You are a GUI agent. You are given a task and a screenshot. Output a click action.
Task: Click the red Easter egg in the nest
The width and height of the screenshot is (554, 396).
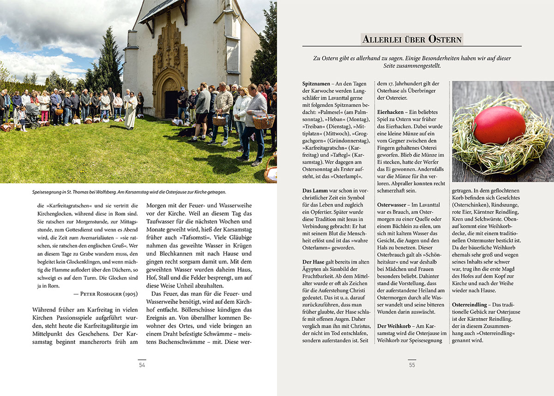click(x=500, y=125)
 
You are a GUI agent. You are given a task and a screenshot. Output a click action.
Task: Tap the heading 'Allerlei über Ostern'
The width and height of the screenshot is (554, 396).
click(x=412, y=39)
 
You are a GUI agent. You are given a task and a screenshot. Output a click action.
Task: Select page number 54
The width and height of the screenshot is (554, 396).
click(x=142, y=365)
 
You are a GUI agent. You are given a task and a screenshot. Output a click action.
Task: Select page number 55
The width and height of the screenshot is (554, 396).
click(x=412, y=365)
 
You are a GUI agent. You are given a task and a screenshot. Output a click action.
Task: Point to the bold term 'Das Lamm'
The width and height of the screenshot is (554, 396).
click(x=315, y=190)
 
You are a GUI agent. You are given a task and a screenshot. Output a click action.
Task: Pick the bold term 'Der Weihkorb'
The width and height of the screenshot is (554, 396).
click(x=395, y=326)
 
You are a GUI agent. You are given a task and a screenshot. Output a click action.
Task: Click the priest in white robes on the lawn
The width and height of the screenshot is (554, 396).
click(x=131, y=111)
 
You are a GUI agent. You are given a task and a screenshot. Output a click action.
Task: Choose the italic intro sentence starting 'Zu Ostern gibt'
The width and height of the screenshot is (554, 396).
click(x=412, y=62)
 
